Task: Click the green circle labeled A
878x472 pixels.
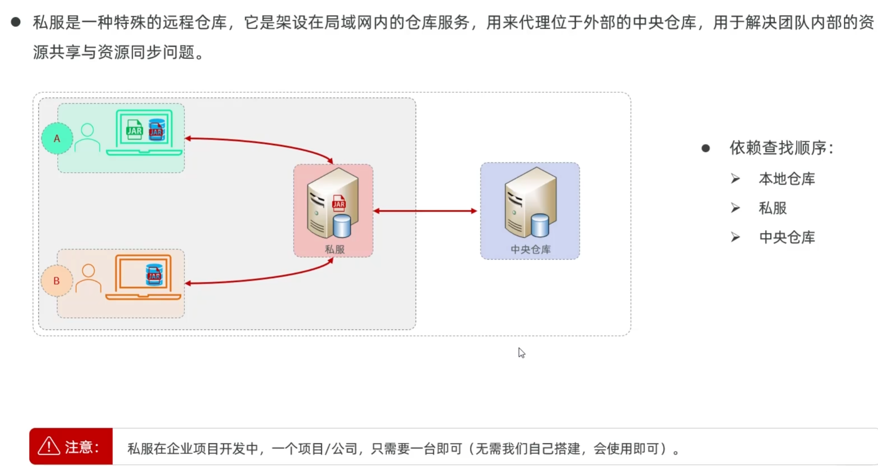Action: (57, 138)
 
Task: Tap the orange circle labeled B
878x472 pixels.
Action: (57, 281)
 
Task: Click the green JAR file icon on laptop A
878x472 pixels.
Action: (134, 130)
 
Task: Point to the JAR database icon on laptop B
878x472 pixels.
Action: (154, 275)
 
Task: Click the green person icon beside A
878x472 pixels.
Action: (87, 138)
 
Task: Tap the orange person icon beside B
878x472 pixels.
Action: (88, 278)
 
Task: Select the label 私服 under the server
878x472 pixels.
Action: (334, 249)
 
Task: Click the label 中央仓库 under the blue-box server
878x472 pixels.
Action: (531, 249)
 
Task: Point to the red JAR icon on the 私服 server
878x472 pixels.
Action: (339, 203)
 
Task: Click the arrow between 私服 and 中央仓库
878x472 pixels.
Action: (425, 211)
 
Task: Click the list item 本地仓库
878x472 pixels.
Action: (787, 179)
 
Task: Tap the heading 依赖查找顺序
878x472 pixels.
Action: (781, 148)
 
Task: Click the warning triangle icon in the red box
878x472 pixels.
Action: (49, 446)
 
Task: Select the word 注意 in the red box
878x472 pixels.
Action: (79, 447)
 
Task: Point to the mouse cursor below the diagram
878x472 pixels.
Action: (522, 353)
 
